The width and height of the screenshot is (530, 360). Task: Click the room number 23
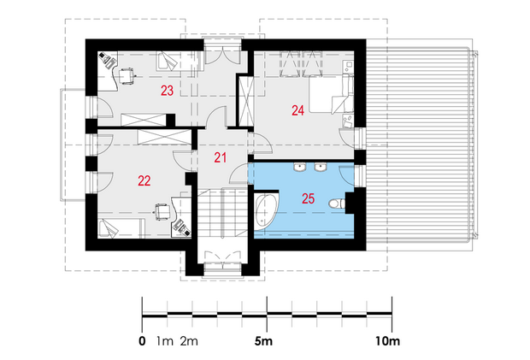(167, 91)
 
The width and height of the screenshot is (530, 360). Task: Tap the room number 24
(297, 110)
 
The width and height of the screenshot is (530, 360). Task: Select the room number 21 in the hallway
(220, 157)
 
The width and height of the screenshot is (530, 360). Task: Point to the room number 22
(144, 180)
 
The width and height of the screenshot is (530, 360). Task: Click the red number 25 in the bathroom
(308, 198)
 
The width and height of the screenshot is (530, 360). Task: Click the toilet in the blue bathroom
(337, 204)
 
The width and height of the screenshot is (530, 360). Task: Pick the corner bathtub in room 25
(266, 211)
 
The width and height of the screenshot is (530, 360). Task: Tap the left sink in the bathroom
(300, 166)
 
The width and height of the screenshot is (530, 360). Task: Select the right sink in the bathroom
(320, 166)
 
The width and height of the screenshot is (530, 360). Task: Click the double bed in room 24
(331, 93)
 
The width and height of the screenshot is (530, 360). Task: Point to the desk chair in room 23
(127, 76)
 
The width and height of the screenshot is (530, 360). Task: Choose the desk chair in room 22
(162, 211)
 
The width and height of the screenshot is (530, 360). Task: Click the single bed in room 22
(121, 228)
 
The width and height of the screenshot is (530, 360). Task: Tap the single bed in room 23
(180, 61)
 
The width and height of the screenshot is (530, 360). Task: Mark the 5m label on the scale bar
(263, 341)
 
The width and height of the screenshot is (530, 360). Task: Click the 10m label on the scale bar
(387, 341)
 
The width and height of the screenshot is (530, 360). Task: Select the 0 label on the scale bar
(142, 341)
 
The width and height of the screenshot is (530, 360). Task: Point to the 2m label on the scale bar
(189, 341)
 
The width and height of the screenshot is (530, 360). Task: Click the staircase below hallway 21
(222, 214)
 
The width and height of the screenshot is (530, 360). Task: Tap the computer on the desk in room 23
(108, 60)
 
